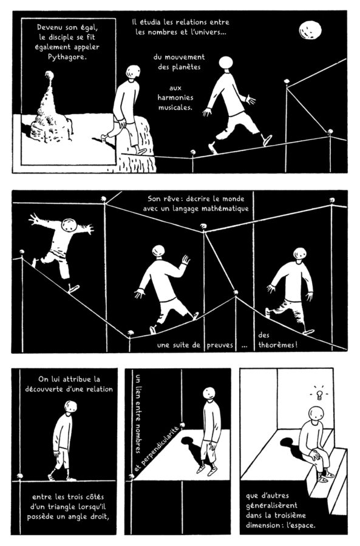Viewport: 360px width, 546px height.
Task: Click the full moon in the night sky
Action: [x=310, y=30]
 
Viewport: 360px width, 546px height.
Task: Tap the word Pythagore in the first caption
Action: [x=67, y=57]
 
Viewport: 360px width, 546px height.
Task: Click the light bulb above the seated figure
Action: [x=319, y=394]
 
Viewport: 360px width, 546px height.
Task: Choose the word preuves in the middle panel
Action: [x=220, y=345]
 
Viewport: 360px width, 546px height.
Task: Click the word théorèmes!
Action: [x=278, y=345]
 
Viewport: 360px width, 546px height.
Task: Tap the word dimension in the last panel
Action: [x=263, y=525]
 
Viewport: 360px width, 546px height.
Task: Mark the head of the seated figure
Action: [x=316, y=413]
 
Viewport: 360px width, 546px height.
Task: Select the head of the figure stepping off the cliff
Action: [x=133, y=72]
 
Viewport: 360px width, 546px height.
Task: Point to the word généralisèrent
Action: [x=271, y=505]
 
